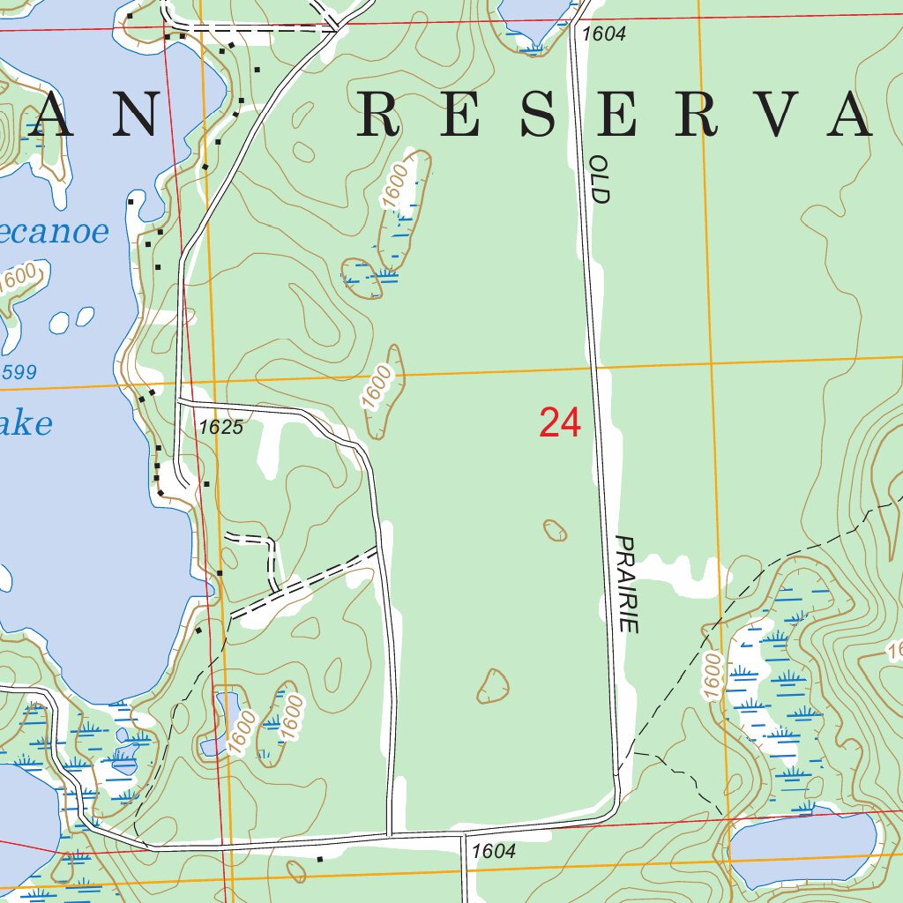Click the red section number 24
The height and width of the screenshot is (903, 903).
pyautogui.click(x=560, y=423)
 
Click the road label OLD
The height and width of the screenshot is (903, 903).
pyautogui.click(x=600, y=180)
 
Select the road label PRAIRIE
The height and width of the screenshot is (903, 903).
pyautogui.click(x=627, y=584)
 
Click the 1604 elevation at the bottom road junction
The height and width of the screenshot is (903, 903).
pyautogui.click(x=493, y=852)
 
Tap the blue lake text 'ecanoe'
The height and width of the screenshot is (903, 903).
pyautogui.click(x=55, y=232)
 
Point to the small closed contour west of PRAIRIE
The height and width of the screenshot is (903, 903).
pyautogui.click(x=555, y=530)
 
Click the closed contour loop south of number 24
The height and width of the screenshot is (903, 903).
pyautogui.click(x=492, y=686)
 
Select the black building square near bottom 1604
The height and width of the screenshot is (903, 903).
pyautogui.click(x=319, y=857)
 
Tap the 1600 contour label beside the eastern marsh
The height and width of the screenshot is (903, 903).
pyautogui.click(x=713, y=676)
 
